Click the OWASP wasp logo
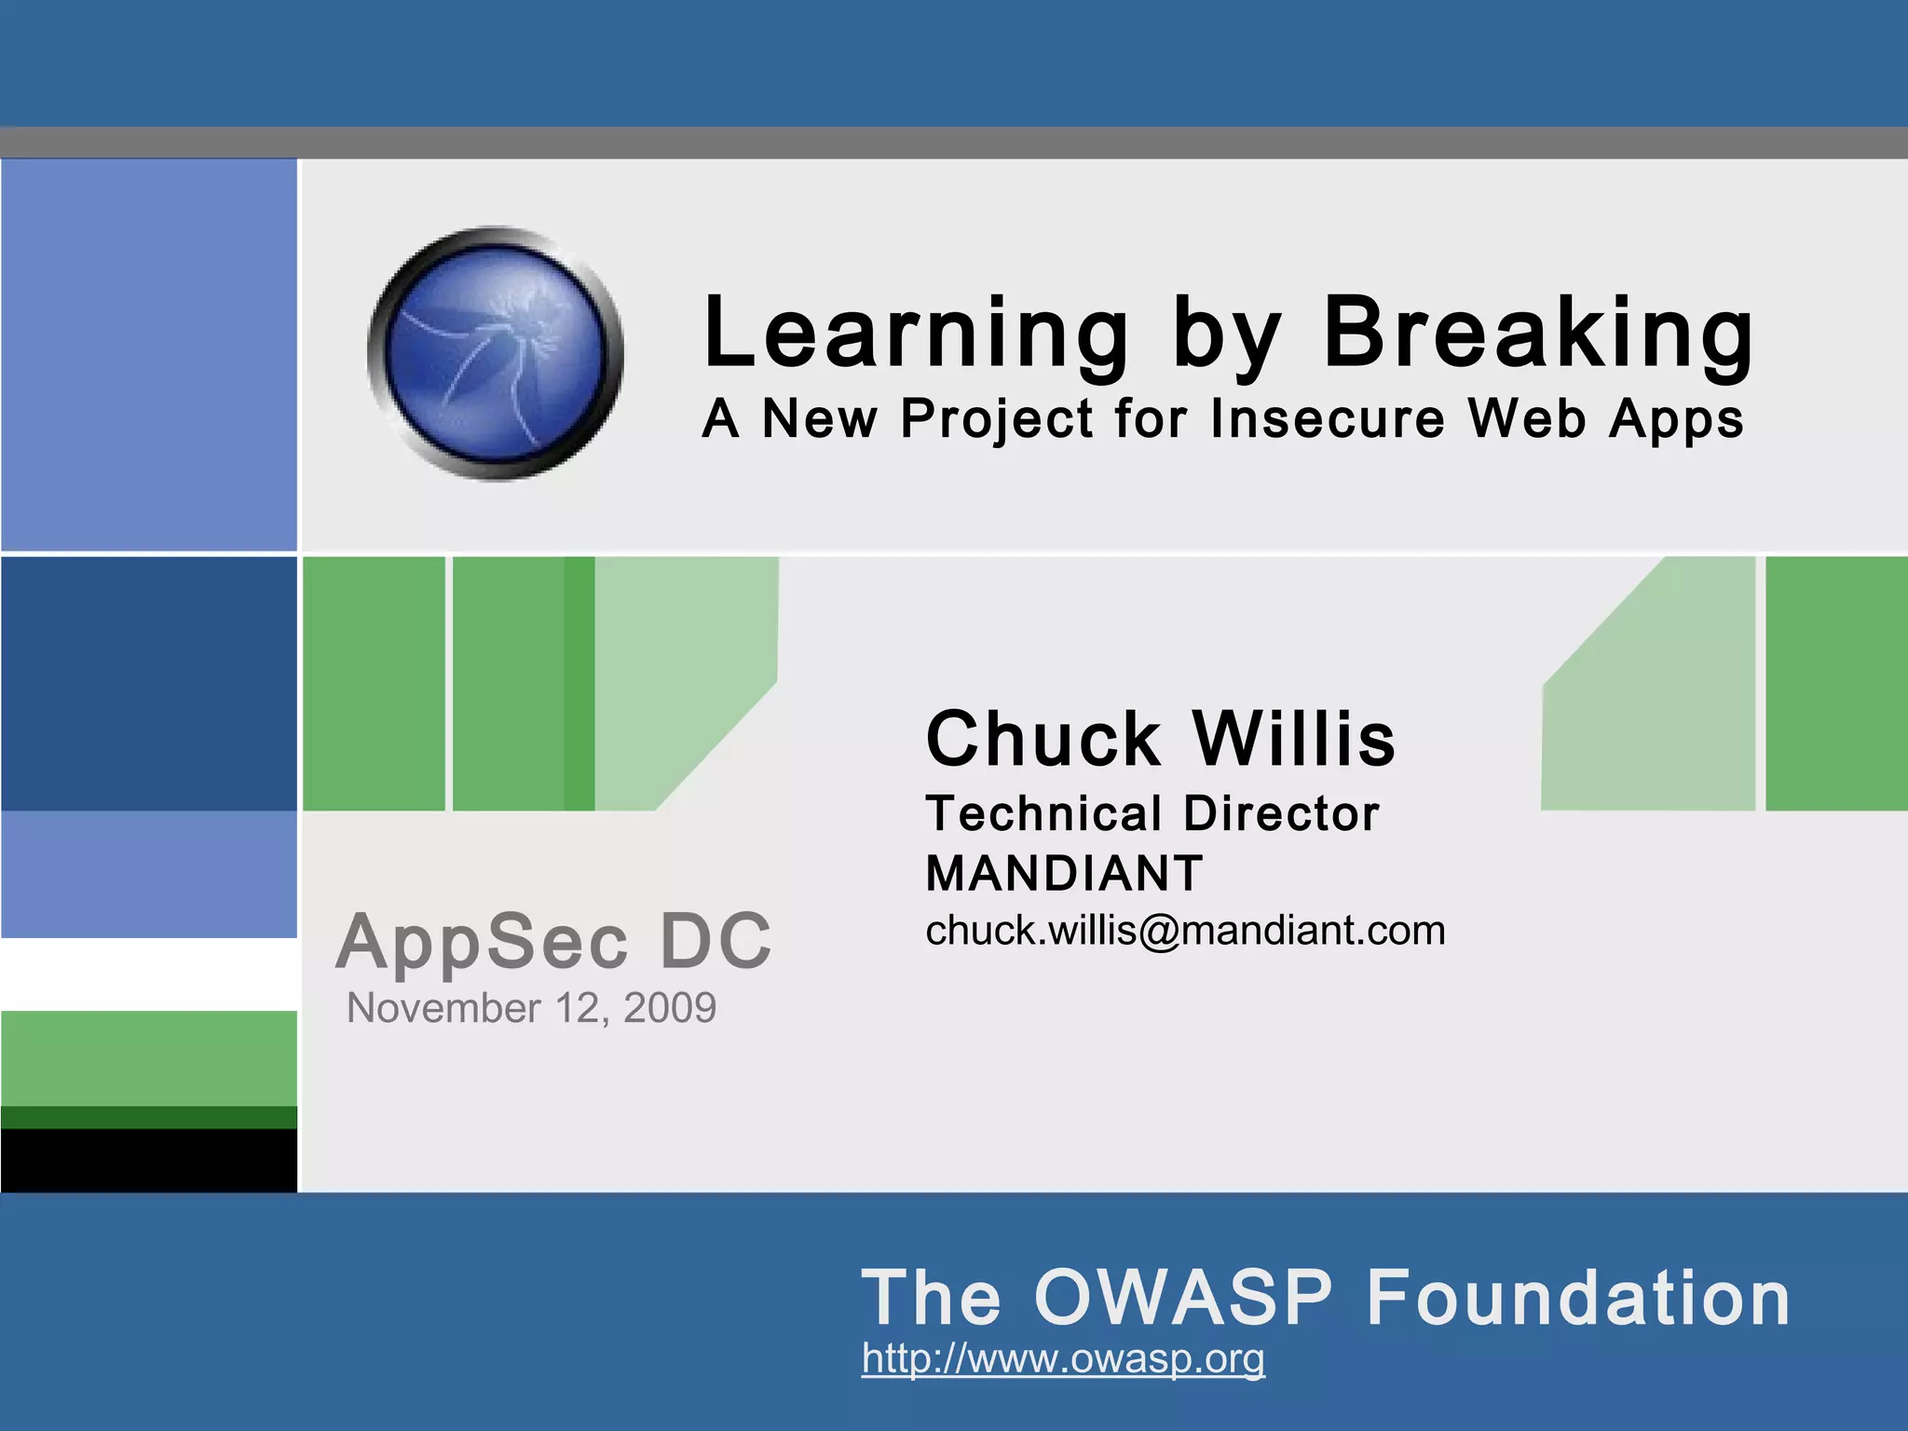[496, 354]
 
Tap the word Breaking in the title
[1538, 334]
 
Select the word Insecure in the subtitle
[1328, 418]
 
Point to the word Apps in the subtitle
[1676, 420]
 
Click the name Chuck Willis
[1161, 739]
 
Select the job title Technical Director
[1152, 814]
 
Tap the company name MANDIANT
[1065, 874]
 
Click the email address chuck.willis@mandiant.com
[1185, 931]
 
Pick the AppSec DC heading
[554, 942]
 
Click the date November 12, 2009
[531, 1008]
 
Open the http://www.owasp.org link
[1063, 1358]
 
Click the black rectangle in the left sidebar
[149, 1160]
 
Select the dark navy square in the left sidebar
[149, 683]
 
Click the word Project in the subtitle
[996, 418]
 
